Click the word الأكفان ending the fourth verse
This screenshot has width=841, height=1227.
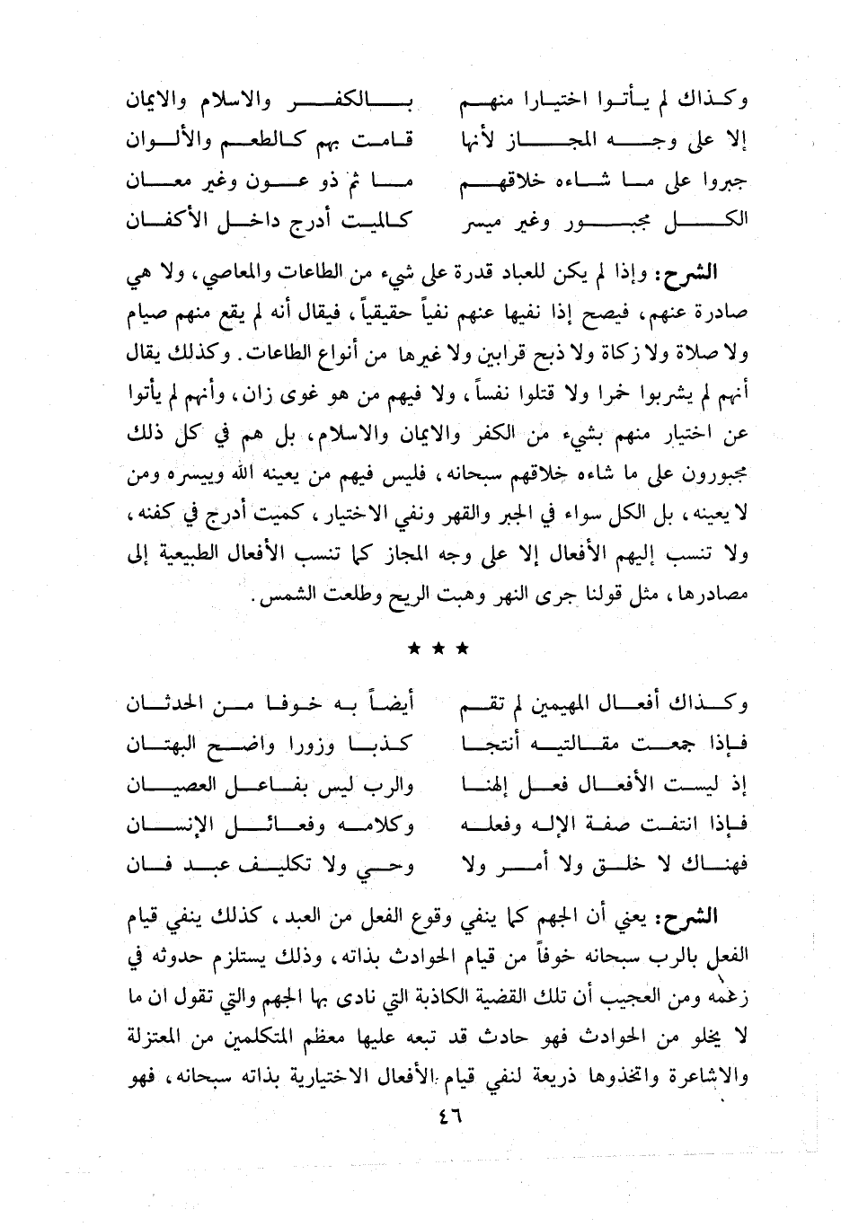click(x=167, y=222)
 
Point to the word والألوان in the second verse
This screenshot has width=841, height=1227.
click(x=164, y=140)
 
